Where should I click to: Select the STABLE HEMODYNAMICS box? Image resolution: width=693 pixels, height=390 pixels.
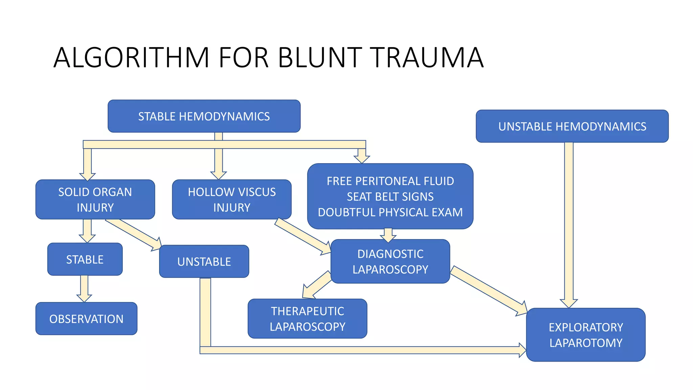pos(204,116)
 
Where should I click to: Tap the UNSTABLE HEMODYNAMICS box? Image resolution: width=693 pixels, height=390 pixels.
pos(572,126)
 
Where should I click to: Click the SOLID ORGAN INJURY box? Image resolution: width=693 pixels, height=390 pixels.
pos(95,199)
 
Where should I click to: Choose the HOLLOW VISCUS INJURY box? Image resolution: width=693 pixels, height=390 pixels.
pos(232,199)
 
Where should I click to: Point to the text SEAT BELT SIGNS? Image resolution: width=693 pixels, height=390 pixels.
pos(390,197)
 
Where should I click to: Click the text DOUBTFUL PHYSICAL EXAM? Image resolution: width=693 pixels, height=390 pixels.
pos(390,212)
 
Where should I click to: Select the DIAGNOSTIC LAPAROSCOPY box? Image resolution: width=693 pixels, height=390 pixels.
pos(390,261)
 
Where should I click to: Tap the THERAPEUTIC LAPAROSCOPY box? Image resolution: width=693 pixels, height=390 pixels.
pos(307,319)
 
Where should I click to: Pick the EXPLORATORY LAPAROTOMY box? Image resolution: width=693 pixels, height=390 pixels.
pos(586,335)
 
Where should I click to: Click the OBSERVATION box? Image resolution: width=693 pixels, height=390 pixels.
pos(86,319)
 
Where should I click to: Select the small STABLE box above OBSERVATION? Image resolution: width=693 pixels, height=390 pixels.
pos(85,259)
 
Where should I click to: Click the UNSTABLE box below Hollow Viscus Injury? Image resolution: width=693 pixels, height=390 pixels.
pos(204,262)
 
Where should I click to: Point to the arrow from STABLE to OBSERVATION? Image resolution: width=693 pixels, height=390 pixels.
pos(84,288)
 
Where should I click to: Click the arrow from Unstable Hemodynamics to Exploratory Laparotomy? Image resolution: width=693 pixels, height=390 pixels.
pos(569,223)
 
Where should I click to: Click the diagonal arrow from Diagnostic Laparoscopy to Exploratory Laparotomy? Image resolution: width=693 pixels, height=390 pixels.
pos(489,291)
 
